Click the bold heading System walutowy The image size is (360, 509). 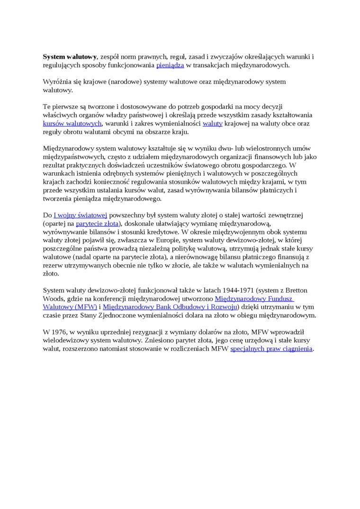(x=70, y=57)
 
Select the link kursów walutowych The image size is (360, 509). (x=72, y=124)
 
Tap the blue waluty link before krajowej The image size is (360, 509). (x=212, y=124)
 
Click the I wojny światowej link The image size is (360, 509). (x=81, y=215)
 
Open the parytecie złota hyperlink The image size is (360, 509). (x=97, y=223)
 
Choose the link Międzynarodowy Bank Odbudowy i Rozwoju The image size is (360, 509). (x=170, y=307)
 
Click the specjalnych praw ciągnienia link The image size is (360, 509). (x=271, y=349)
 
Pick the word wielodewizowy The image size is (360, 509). (x=63, y=340)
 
